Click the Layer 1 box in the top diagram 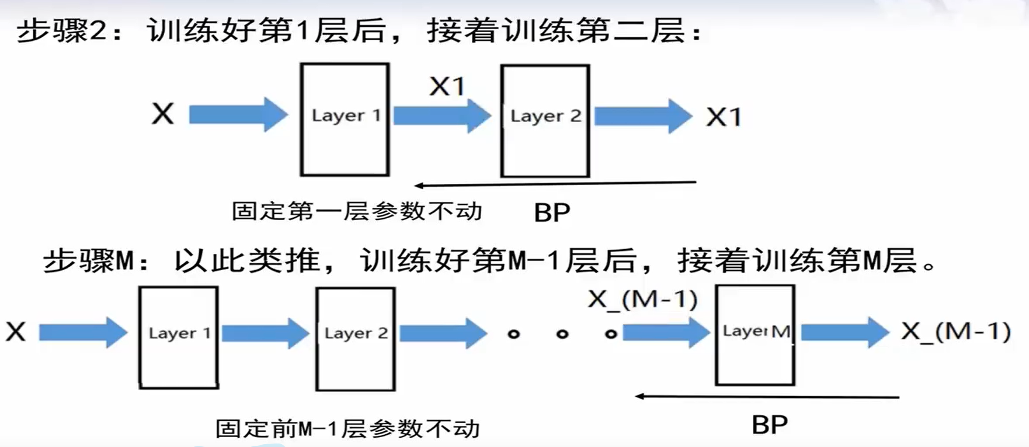coord(345,120)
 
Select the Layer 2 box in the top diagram coord(545,121)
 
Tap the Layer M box coord(755,336)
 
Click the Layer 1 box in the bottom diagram coord(179,337)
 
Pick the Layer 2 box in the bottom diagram coord(356,338)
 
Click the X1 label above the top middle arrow coord(447,87)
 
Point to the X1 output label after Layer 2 coord(724,117)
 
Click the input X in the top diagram coord(163,114)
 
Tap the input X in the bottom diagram coord(16,332)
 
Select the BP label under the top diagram coord(552,212)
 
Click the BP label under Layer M coord(770,425)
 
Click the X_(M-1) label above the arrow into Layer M coord(643,299)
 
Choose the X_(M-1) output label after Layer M coord(956,331)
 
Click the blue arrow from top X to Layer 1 coord(238,114)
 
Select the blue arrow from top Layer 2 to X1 coord(643,116)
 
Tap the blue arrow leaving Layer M coord(844,332)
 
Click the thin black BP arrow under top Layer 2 coord(555,184)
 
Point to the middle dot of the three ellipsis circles coord(562,334)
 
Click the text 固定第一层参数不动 coord(357,211)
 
